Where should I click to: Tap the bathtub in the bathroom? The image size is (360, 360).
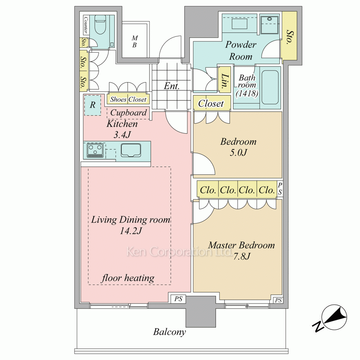(270, 87)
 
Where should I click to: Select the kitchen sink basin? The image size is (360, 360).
(131, 150)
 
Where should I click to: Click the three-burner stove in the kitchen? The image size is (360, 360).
(95, 150)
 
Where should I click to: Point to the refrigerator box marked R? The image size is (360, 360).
(93, 105)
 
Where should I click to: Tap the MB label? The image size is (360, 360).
(135, 41)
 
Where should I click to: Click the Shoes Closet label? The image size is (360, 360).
(128, 99)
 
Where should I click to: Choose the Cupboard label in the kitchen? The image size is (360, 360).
(129, 112)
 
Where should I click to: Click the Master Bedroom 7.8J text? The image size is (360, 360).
(241, 251)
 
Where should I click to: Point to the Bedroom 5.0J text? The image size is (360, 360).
(238, 147)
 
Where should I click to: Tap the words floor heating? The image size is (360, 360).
(128, 278)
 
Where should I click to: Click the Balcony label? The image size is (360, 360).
(170, 332)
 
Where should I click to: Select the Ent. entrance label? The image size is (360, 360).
(171, 86)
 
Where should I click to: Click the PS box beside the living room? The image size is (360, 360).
(179, 299)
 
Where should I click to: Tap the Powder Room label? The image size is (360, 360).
(240, 50)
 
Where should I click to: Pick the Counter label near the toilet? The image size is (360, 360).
(85, 24)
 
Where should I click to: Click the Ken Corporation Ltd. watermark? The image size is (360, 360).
(179, 252)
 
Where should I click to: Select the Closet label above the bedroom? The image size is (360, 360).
(211, 104)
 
